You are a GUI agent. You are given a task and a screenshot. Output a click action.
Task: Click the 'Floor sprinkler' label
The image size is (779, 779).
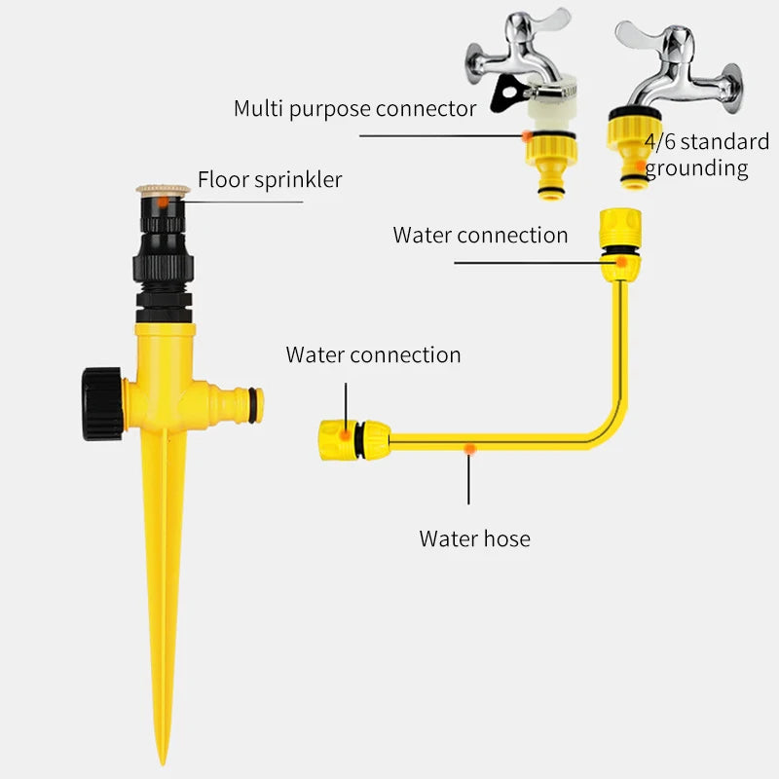click(x=270, y=179)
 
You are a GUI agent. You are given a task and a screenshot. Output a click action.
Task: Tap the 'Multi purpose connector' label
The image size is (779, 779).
click(x=354, y=109)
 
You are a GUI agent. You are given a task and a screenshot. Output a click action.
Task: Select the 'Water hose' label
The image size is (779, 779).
click(x=474, y=538)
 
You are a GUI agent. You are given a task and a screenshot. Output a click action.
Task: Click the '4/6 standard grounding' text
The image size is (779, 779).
click(x=707, y=155)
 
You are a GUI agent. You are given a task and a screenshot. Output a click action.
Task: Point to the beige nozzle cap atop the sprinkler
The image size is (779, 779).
click(x=163, y=189)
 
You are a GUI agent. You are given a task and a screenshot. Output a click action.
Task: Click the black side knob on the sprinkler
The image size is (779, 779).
click(x=102, y=404)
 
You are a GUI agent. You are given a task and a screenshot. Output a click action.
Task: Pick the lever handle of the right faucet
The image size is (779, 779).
click(x=638, y=34)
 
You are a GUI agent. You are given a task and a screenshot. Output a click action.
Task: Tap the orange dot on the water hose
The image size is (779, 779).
click(x=469, y=450)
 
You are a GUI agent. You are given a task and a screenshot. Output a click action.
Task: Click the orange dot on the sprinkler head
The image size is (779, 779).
click(x=163, y=203)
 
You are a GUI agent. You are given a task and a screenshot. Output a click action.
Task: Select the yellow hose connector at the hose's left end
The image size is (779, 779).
click(x=353, y=440)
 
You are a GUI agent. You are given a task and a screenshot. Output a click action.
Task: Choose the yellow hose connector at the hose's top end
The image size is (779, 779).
click(x=620, y=245)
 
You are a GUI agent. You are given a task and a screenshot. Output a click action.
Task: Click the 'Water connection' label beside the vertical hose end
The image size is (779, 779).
click(x=480, y=235)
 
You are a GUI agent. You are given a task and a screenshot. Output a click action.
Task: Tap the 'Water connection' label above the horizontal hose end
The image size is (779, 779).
click(x=373, y=354)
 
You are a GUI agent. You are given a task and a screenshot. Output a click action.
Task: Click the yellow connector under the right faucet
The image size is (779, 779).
click(x=633, y=148)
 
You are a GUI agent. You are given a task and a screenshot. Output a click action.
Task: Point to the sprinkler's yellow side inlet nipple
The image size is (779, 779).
click(x=237, y=405)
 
